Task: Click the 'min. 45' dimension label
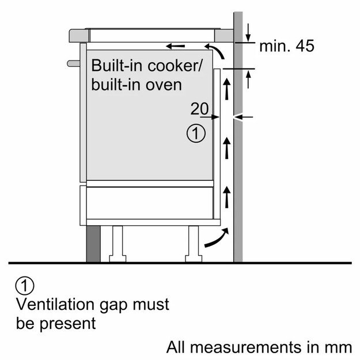[287, 46]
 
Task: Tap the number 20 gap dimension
[199, 108]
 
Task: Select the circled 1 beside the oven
[196, 134]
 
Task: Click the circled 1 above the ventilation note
[25, 286]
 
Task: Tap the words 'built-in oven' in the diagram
[136, 84]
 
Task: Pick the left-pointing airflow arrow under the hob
[176, 46]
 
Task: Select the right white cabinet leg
[192, 242]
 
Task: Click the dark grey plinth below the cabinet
[93, 242]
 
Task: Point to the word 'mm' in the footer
[339, 347]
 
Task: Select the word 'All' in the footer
[177, 347]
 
